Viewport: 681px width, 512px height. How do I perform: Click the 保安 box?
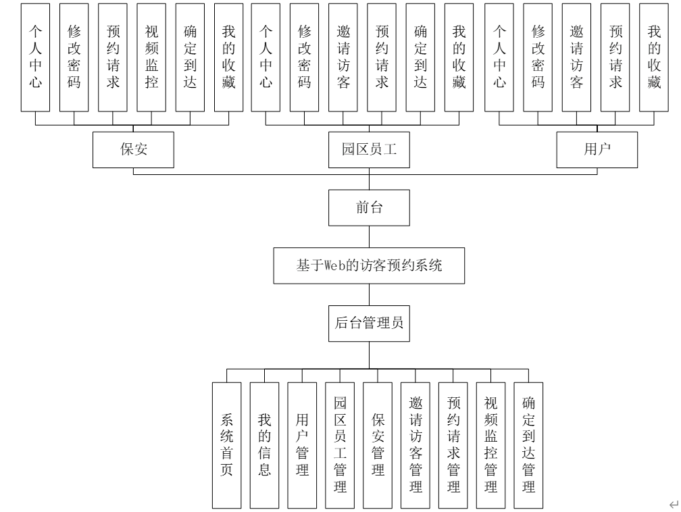point(134,149)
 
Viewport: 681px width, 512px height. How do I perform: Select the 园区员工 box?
point(369,149)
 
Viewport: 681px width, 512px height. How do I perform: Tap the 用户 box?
point(597,149)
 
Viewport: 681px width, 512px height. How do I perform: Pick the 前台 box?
point(369,208)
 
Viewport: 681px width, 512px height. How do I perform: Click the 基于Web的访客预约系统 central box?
point(369,266)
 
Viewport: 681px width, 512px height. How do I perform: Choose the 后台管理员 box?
point(369,324)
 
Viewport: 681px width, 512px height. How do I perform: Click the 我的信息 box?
point(264,445)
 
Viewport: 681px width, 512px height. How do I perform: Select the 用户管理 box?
point(302,445)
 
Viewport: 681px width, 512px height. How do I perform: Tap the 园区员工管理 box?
point(340,445)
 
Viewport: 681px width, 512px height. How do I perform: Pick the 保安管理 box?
point(378,445)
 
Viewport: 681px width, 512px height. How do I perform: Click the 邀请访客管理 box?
point(415,445)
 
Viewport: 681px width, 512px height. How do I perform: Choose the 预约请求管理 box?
point(453,445)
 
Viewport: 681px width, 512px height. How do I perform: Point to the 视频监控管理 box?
point(491,445)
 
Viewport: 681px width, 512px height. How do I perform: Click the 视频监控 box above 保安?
point(151,57)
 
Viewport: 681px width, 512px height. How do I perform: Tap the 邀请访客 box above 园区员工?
point(344,57)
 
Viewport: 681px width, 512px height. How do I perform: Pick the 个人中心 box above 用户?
point(500,57)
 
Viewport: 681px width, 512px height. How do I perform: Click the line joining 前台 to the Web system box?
point(369,237)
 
